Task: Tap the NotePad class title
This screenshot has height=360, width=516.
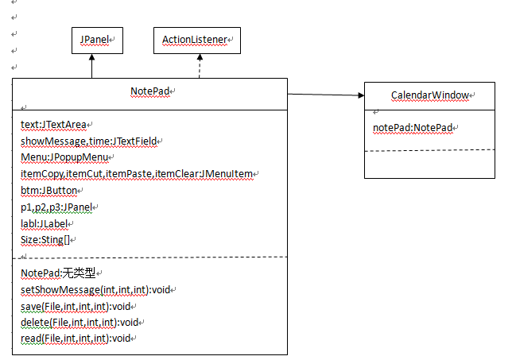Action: tap(150, 91)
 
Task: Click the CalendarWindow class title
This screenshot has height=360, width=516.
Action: tap(430, 95)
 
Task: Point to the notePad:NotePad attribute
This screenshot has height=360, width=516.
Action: tap(413, 128)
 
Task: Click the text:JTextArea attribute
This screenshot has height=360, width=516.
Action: tap(53, 125)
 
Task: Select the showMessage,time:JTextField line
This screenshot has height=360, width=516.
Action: tap(88, 141)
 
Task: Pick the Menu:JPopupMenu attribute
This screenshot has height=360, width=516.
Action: tap(64, 157)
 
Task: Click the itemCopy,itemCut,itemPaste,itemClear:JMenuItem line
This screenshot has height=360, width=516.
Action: tap(137, 174)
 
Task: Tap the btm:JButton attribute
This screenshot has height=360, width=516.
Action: tap(48, 191)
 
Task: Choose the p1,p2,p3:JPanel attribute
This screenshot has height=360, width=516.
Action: tap(56, 207)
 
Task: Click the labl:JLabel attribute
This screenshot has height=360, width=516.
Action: tap(44, 224)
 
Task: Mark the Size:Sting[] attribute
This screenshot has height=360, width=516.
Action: tap(45, 240)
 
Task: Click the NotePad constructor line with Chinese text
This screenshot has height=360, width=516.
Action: tap(58, 273)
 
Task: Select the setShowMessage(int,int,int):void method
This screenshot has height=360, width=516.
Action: tap(95, 290)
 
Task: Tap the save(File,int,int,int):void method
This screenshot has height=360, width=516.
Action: tap(76, 307)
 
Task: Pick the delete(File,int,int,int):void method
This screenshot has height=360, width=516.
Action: tap(80, 323)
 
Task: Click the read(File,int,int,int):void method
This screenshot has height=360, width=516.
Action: tap(76, 339)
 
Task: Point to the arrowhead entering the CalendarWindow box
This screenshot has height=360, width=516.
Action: tap(361, 95)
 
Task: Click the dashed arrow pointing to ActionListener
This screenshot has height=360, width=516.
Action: tap(200, 66)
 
